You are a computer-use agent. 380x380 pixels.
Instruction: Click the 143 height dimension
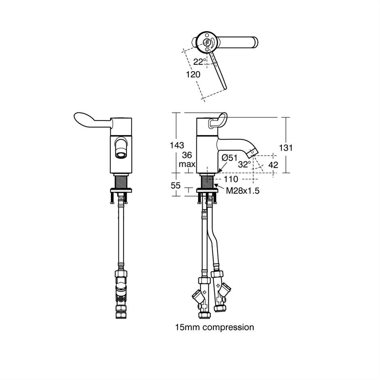(177, 146)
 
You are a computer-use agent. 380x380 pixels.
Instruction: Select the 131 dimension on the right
(286, 148)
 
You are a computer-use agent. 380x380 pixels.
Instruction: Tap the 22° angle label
(200, 62)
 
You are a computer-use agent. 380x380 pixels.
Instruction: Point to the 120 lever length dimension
(193, 74)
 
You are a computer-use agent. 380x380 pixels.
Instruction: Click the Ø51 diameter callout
(230, 158)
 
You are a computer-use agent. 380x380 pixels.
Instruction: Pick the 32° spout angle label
(244, 164)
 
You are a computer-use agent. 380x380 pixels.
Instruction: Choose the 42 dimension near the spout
(273, 165)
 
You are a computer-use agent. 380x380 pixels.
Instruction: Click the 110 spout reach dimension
(231, 179)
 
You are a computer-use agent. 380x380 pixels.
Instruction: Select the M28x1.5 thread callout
(243, 191)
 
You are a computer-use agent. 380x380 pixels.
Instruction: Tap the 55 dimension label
(175, 186)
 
